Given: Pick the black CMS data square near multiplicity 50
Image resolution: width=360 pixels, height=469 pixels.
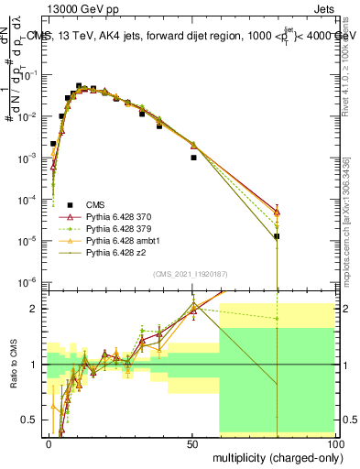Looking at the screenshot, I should point(193,158).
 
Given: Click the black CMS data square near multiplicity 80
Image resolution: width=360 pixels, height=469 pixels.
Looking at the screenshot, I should point(277,236).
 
